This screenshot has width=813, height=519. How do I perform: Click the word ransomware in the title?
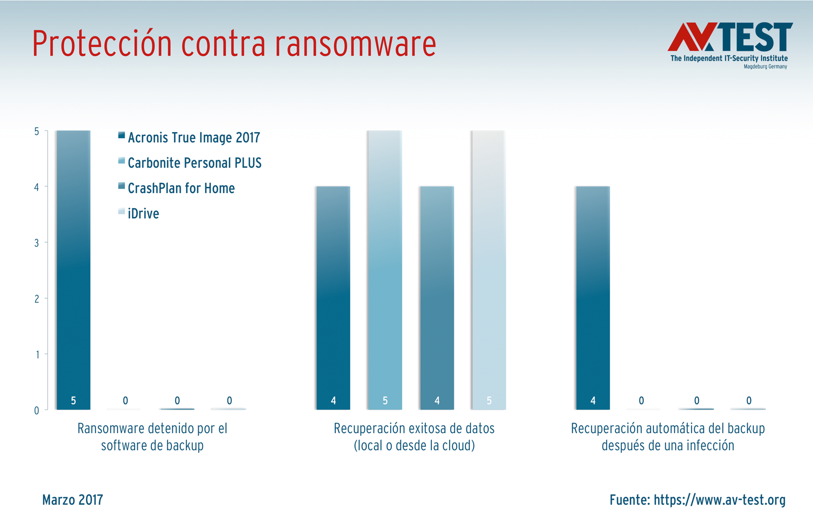(355, 44)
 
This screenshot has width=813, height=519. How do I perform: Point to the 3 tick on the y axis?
(37, 243)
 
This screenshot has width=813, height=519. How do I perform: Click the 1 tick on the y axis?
(37, 354)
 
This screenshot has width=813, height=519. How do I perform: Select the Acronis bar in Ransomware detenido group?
(74, 269)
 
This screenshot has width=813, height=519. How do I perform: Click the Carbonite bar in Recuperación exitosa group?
(385, 269)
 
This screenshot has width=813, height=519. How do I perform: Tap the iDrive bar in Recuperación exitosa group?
(488, 269)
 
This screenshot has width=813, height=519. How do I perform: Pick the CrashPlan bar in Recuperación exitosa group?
(436, 297)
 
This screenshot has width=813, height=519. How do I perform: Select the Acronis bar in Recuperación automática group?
(593, 297)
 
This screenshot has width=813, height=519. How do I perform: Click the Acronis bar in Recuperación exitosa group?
(333, 297)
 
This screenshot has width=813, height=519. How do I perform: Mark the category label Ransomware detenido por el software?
(152, 437)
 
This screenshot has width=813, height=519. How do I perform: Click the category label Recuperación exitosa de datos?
(414, 437)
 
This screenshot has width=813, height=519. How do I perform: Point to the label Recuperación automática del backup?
(668, 437)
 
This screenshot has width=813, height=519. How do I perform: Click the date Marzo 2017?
(73, 500)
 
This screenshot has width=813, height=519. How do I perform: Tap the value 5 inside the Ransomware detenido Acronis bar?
(74, 401)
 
